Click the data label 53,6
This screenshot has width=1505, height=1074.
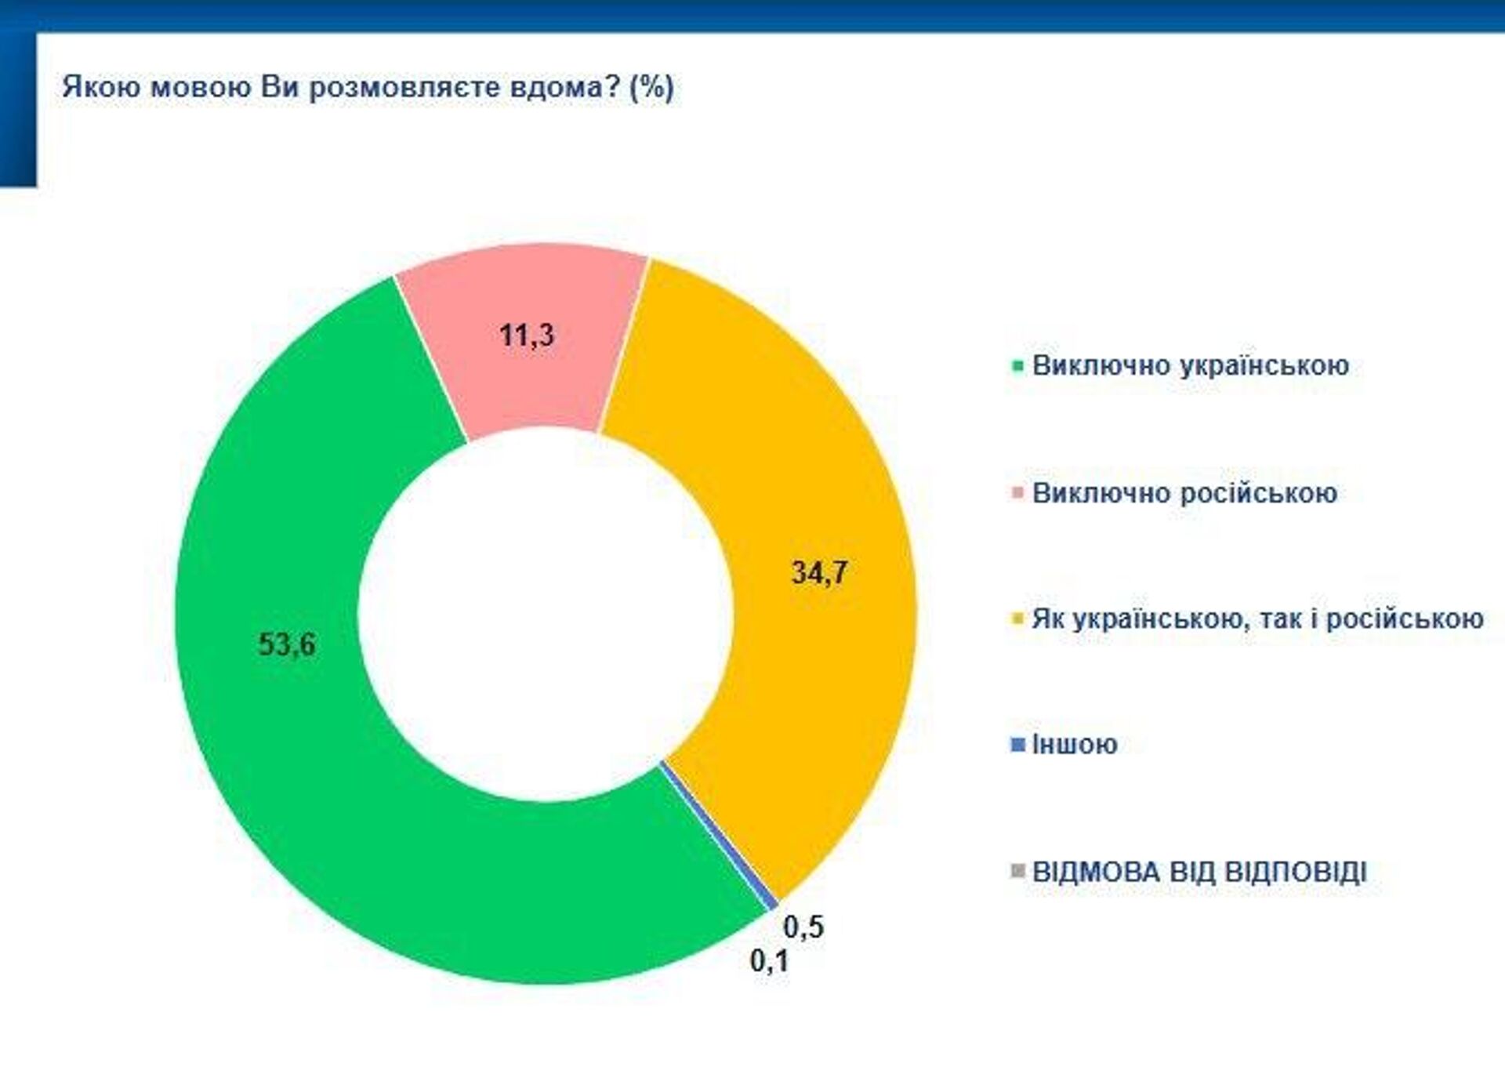pyautogui.click(x=287, y=645)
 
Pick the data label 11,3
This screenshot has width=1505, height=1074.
pyautogui.click(x=527, y=336)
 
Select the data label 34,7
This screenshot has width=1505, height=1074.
pyautogui.click(x=820, y=572)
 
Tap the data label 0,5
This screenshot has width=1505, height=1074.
pyautogui.click(x=803, y=927)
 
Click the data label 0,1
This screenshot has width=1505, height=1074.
pyautogui.click(x=769, y=961)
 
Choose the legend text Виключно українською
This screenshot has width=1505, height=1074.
pyautogui.click(x=1190, y=365)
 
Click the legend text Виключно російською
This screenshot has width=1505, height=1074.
pyautogui.click(x=1184, y=493)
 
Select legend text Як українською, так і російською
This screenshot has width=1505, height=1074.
pyautogui.click(x=1257, y=619)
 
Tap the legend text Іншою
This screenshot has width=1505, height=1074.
pyautogui.click(x=1075, y=745)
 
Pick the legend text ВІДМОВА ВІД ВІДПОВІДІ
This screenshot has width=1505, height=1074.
pyautogui.click(x=1199, y=872)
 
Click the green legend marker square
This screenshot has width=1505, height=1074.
pyautogui.click(x=1018, y=366)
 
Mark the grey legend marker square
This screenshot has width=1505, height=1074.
pyautogui.click(x=1018, y=872)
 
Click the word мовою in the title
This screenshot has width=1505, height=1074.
pyautogui.click(x=200, y=86)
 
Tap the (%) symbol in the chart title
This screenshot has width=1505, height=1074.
pyautogui.click(x=651, y=86)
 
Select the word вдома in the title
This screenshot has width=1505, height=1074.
pyautogui.click(x=557, y=86)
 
